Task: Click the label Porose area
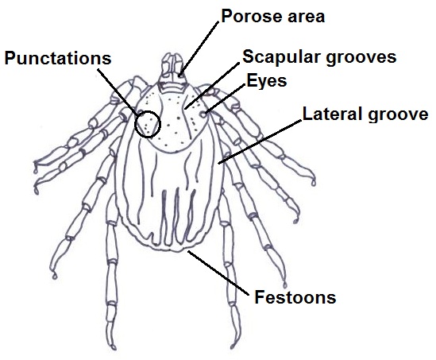[272, 16]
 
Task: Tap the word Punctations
[58, 58]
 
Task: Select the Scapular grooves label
[319, 57]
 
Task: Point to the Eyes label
[267, 81]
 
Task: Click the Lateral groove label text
[365, 114]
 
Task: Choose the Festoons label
[295, 297]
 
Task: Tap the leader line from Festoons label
[218, 273]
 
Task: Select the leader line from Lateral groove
[260, 141]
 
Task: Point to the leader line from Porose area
[199, 48]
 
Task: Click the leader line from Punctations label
[118, 91]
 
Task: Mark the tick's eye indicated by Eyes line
[204, 114]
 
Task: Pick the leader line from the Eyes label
[226, 99]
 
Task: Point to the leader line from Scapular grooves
[211, 86]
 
